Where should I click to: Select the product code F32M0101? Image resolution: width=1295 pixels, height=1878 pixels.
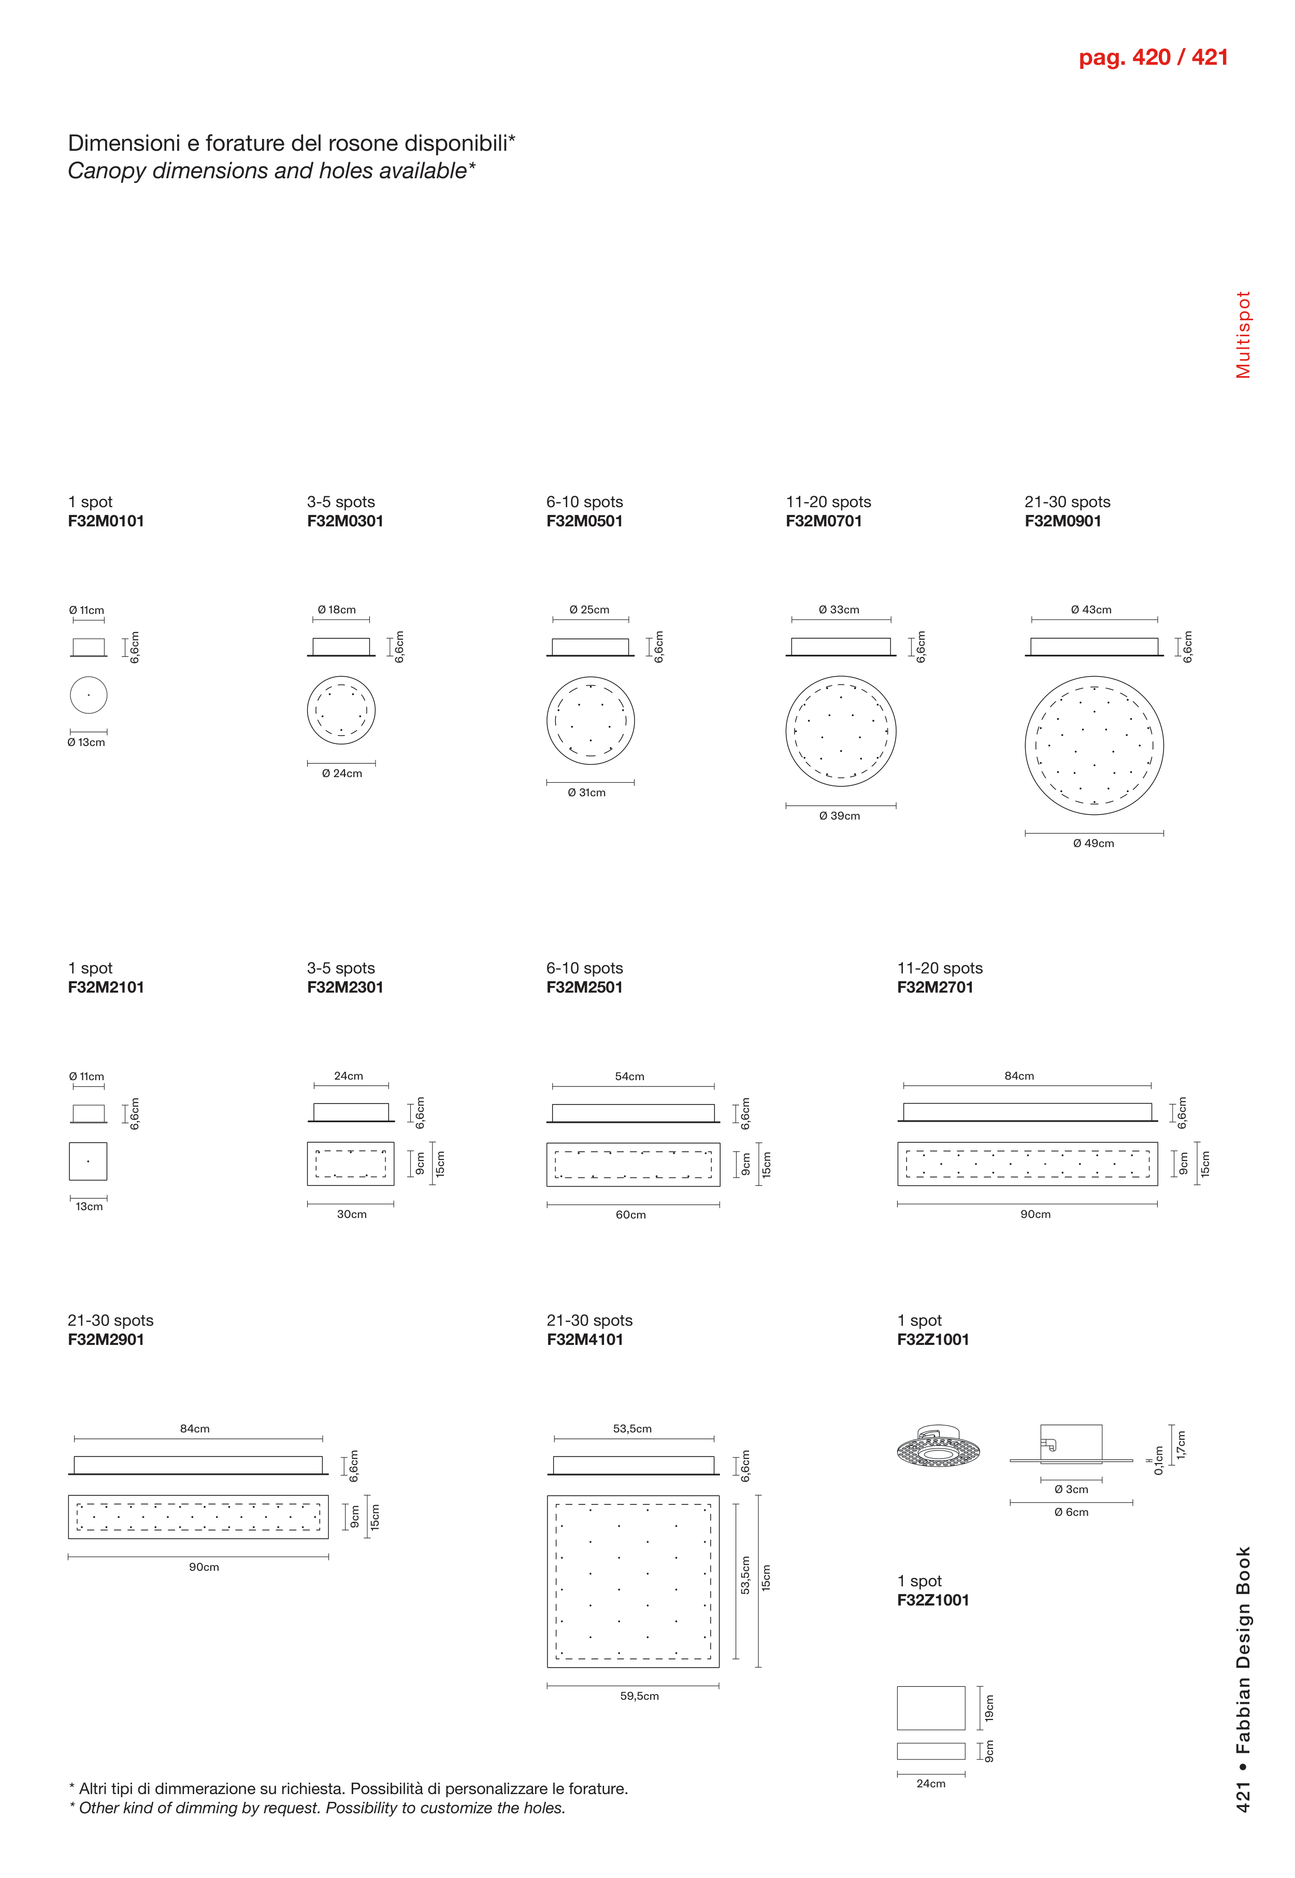(x=106, y=521)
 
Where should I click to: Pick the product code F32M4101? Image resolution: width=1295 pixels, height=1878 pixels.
(x=584, y=1340)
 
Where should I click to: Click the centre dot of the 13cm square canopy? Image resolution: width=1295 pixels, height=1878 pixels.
(x=88, y=1162)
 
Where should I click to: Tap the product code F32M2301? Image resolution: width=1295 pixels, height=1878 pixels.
(x=345, y=987)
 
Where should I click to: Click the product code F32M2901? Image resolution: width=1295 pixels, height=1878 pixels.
(x=106, y=1340)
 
